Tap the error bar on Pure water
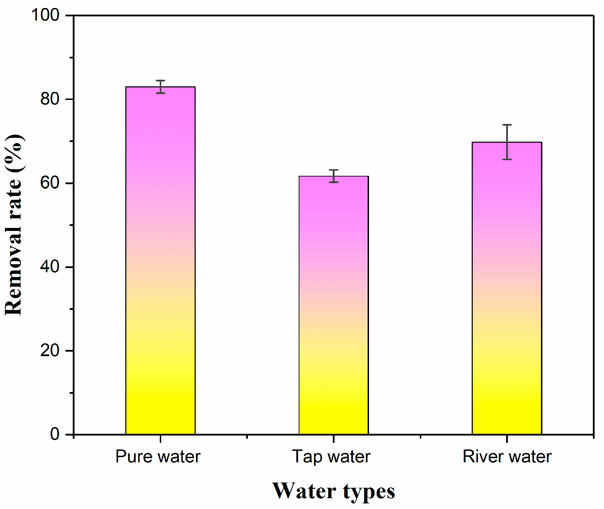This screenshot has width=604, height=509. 160,87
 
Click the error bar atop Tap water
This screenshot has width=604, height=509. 334,176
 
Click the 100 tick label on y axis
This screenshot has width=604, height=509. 45,15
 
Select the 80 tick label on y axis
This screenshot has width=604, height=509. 50,99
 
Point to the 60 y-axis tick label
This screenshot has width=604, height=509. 50,183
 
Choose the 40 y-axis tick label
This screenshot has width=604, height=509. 50,267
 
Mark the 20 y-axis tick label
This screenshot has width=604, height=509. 50,351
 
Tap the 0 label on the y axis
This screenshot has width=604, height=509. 55,434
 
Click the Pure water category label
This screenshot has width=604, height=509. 158,456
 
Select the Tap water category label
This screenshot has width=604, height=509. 331,456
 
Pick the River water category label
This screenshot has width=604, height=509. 507,456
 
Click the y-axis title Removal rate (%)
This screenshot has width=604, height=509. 14,225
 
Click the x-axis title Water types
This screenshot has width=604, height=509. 333,491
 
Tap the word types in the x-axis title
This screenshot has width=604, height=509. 369,492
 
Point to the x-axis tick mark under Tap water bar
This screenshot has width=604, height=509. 334,438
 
